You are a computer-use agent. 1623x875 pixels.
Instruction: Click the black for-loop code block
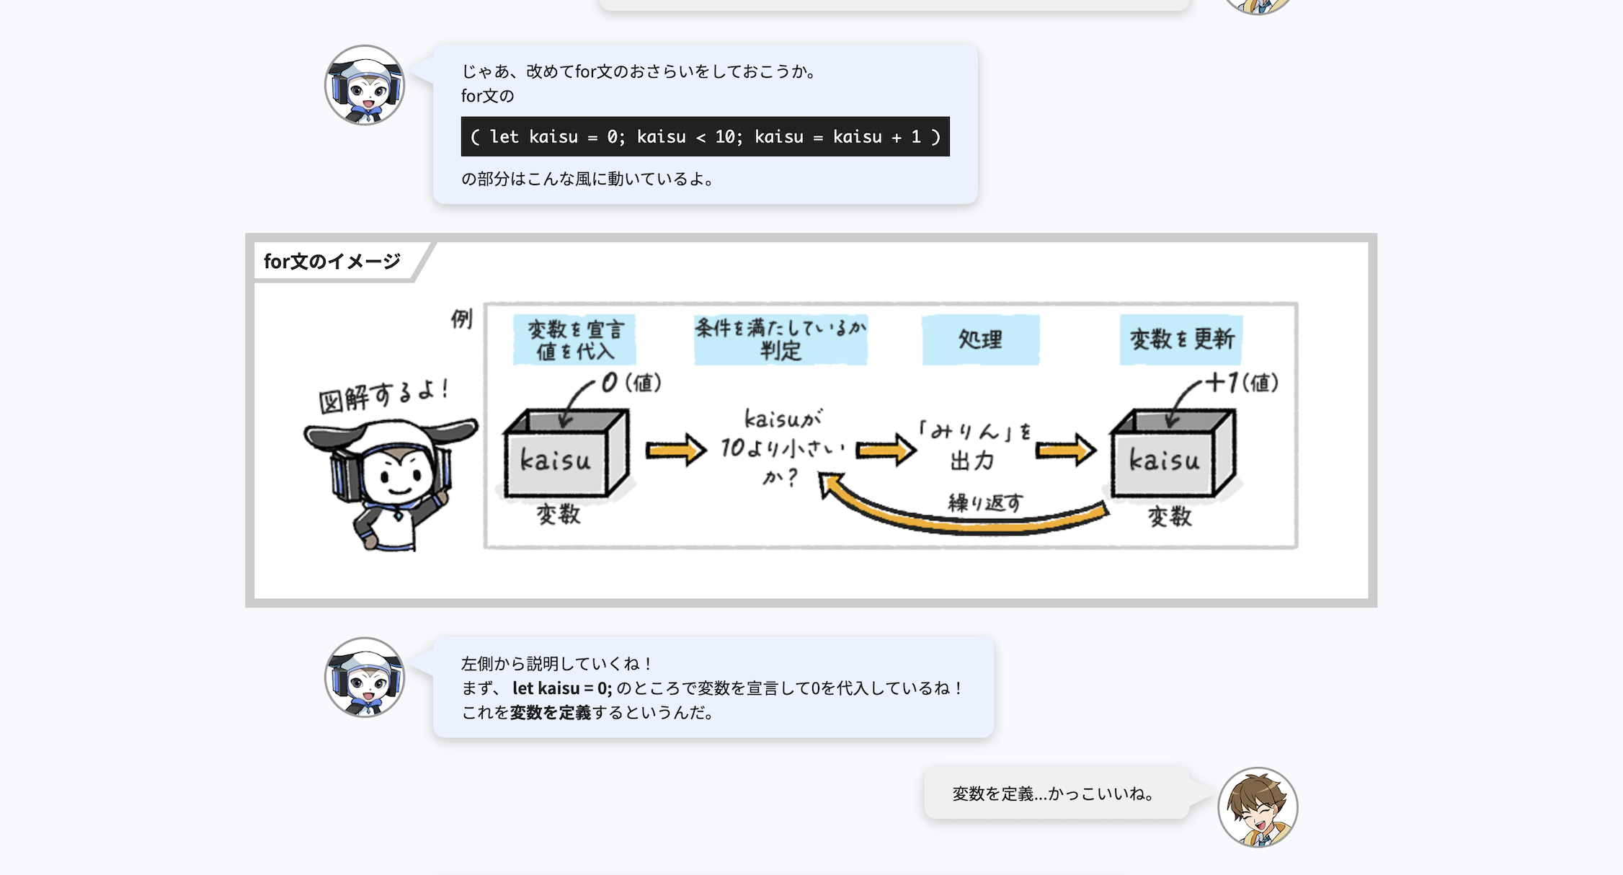(705, 136)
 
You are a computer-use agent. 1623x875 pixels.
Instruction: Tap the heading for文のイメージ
(332, 261)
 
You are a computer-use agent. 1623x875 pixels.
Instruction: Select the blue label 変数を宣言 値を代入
(574, 339)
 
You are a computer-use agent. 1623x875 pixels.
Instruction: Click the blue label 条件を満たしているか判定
(781, 339)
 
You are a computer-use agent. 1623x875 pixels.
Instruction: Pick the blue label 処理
(980, 339)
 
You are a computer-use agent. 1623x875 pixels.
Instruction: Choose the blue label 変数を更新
(1181, 339)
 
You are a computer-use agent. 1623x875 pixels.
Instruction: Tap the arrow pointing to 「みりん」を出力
(886, 451)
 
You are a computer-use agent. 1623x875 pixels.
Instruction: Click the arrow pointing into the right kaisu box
(1065, 451)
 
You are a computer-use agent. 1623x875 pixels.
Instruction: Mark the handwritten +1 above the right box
(1222, 382)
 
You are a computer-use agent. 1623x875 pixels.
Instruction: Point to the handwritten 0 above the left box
(610, 383)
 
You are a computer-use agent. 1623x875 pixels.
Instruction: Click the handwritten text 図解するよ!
(383, 395)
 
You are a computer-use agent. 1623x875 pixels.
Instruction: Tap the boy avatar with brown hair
(1258, 807)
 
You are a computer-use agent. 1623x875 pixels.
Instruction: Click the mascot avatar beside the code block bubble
(365, 85)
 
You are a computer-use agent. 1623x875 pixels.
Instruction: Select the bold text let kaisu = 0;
(562, 688)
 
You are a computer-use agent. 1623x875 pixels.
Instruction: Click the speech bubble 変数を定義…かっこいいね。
(1056, 794)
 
